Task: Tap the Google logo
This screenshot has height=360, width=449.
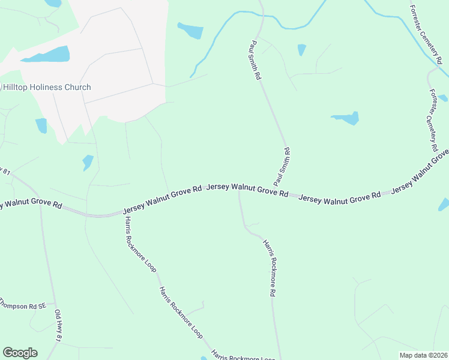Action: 20,353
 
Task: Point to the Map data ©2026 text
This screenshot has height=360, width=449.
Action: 423,355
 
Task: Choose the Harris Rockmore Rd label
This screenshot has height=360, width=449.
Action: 268,268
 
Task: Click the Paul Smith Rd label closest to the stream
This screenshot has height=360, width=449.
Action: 255,60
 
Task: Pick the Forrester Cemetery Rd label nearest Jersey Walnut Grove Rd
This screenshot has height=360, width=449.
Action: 434,120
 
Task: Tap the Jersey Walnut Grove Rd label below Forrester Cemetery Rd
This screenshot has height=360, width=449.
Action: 420,174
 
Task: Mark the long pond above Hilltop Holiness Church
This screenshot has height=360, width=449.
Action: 47,56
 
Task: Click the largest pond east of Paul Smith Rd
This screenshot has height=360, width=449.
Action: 346,118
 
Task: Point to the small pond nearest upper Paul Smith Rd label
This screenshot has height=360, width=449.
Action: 301,49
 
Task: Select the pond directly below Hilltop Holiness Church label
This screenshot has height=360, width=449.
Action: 41,125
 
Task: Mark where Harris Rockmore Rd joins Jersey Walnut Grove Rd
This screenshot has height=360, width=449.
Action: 238,192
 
